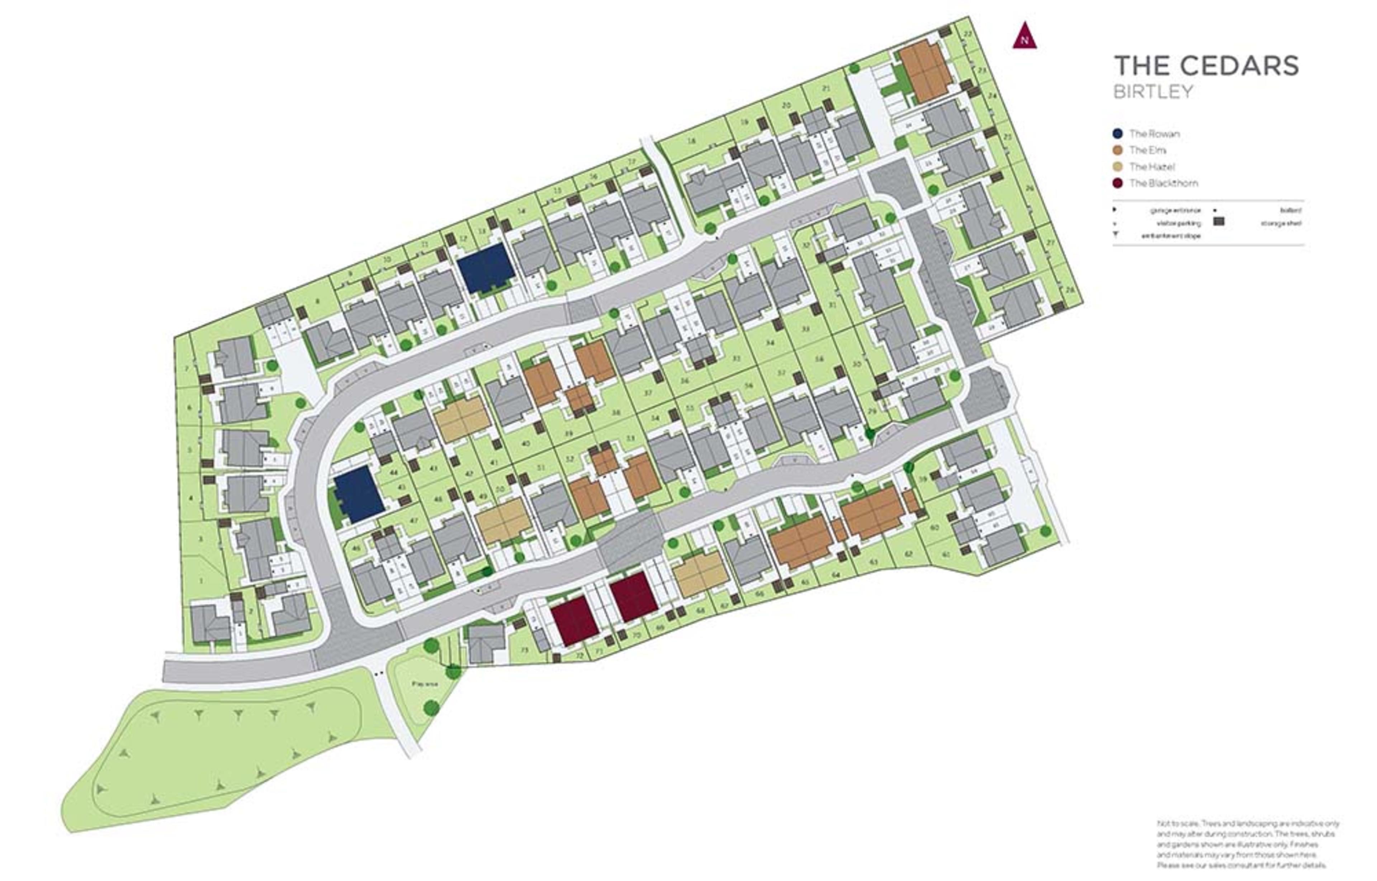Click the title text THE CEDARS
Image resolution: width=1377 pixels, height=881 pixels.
pyautogui.click(x=1206, y=66)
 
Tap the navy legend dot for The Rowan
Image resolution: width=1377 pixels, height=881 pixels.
pyautogui.click(x=1117, y=134)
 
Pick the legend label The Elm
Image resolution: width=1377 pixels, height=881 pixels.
pyautogui.click(x=1147, y=150)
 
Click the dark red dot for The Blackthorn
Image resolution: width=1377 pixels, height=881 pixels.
pyautogui.click(x=1117, y=183)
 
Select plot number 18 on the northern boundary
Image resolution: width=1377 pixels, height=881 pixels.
pyautogui.click(x=691, y=141)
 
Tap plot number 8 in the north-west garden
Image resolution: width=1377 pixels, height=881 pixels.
pyautogui.click(x=318, y=301)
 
